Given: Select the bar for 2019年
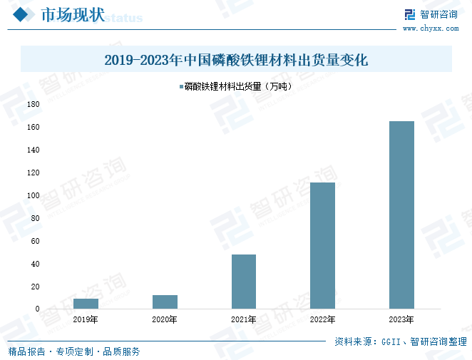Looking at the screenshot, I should [86, 304].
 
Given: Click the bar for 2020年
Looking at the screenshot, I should [165, 302].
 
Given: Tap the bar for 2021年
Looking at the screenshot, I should [244, 282].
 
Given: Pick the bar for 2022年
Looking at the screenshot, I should [322, 245].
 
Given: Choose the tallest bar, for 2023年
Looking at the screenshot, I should [401, 215].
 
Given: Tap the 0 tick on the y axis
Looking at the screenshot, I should [37, 309].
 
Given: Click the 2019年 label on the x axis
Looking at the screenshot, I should [86, 319].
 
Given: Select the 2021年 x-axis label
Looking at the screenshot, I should [244, 319].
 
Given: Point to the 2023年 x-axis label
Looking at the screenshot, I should [401, 319].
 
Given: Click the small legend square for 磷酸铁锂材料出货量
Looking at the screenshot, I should [180, 87].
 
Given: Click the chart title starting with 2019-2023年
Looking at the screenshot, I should [236, 60].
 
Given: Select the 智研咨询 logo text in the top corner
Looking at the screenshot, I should [438, 14].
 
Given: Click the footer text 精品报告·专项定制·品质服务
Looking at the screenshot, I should [74, 351].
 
